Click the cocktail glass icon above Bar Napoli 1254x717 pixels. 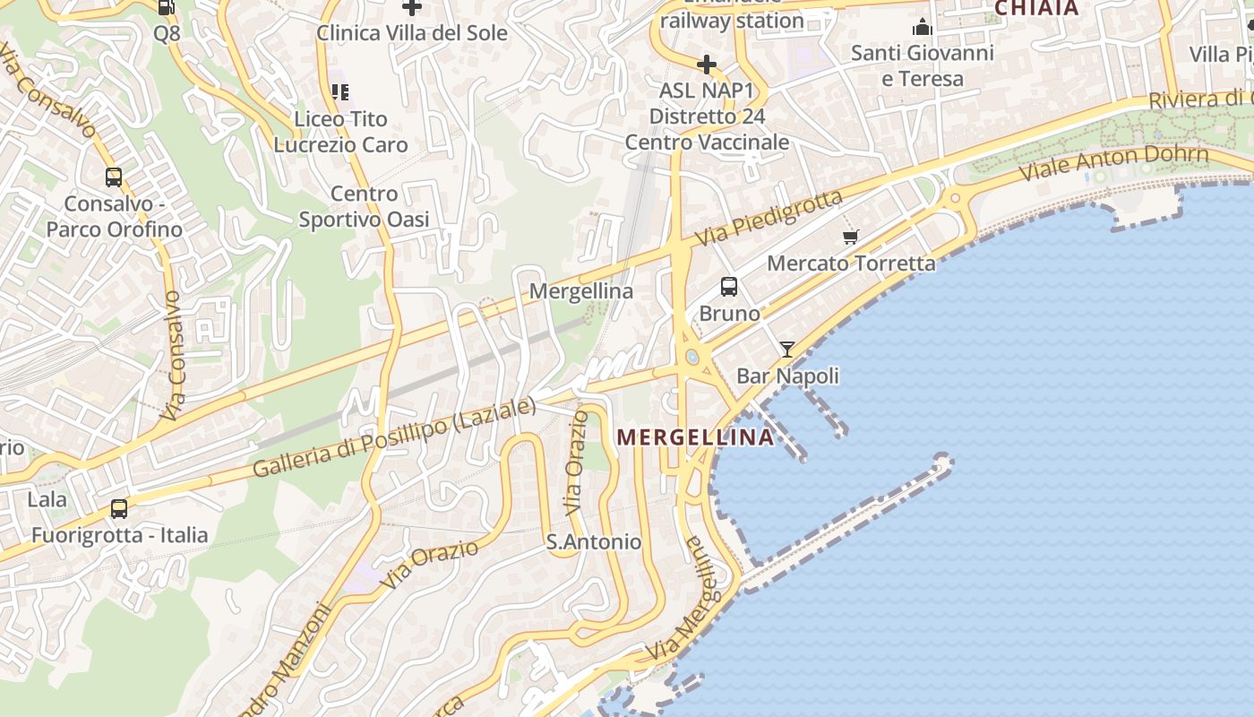(x=787, y=350)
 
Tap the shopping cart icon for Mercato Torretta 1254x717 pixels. (x=850, y=238)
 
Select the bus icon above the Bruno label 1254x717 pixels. (x=729, y=287)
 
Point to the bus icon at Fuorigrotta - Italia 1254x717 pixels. (x=119, y=509)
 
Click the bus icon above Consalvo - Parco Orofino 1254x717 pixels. (x=114, y=177)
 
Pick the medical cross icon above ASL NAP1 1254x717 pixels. (x=707, y=65)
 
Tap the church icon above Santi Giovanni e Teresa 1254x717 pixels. (x=922, y=28)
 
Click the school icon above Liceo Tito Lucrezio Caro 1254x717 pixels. (x=340, y=91)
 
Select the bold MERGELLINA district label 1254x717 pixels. (x=696, y=437)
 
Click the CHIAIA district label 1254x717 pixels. (x=1036, y=8)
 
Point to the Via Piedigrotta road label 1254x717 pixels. (x=769, y=219)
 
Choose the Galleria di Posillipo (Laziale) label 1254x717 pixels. (x=393, y=438)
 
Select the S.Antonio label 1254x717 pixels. (x=594, y=542)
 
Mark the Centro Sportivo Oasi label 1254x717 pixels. (x=364, y=207)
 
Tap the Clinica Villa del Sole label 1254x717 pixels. (x=412, y=33)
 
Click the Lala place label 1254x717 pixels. (x=47, y=499)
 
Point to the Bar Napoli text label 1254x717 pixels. (x=787, y=376)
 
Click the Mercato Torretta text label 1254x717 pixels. (x=851, y=263)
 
